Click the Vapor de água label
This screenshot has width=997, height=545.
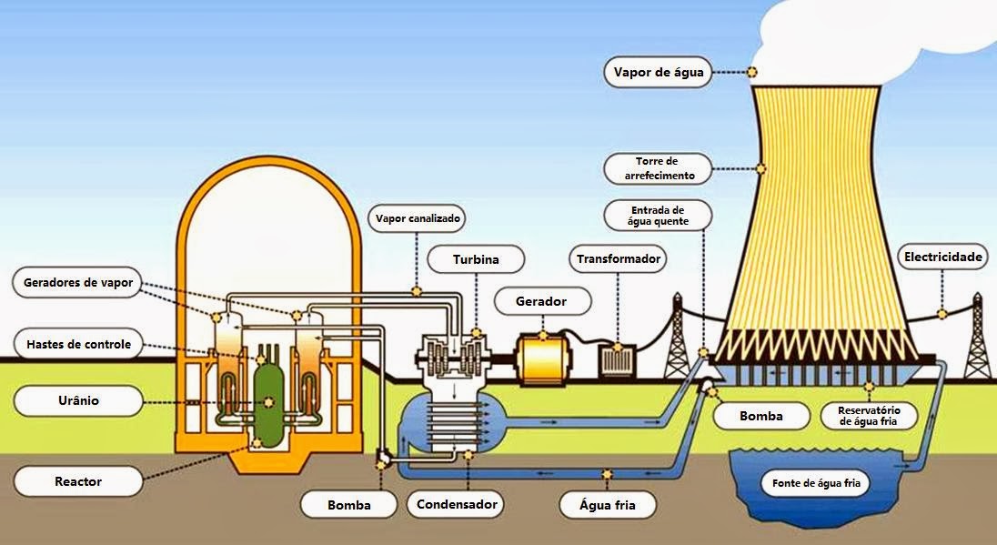pyautogui.click(x=658, y=72)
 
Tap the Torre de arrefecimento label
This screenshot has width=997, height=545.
pyautogui.click(x=658, y=168)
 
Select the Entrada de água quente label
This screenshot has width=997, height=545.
pyautogui.click(x=658, y=216)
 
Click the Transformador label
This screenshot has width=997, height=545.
pyautogui.click(x=618, y=258)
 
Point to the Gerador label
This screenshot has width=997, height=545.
pyautogui.click(x=541, y=301)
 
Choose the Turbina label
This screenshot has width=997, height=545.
pyautogui.click(x=476, y=259)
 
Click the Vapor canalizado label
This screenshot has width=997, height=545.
pyautogui.click(x=418, y=218)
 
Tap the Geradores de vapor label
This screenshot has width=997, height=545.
pyautogui.click(x=77, y=282)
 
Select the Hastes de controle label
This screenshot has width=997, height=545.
pyautogui.click(x=77, y=344)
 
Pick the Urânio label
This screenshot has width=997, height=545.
pyautogui.click(x=77, y=400)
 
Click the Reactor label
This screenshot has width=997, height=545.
pyautogui.click(x=77, y=481)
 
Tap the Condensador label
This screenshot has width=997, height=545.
pyautogui.click(x=457, y=504)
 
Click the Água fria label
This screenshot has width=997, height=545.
pyautogui.click(x=608, y=506)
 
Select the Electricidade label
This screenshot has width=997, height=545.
pyautogui.click(x=943, y=257)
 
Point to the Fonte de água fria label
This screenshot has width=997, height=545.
pyautogui.click(x=816, y=483)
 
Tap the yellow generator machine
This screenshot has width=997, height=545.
pyautogui.click(x=542, y=359)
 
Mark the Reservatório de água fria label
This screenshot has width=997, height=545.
pyautogui.click(x=869, y=416)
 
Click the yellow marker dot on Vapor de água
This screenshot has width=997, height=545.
pyautogui.click(x=752, y=72)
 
